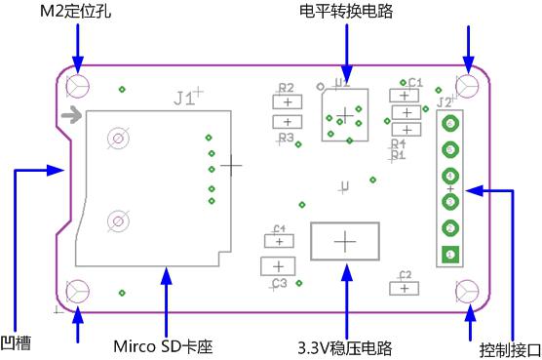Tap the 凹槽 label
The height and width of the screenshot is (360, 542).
[17, 343]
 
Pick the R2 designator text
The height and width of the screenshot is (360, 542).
[286, 87]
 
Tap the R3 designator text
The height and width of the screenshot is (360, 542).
[286, 139]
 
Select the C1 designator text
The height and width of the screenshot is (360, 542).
[415, 83]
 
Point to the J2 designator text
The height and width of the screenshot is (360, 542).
[444, 100]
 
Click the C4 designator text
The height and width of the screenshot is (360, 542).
[279, 228]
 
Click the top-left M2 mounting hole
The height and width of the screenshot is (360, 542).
[78, 87]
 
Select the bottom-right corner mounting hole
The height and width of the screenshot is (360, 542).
[467, 291]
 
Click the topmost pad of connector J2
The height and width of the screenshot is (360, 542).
[450, 125]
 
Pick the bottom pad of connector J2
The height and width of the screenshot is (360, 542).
[450, 255]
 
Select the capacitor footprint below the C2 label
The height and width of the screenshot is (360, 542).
[403, 288]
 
